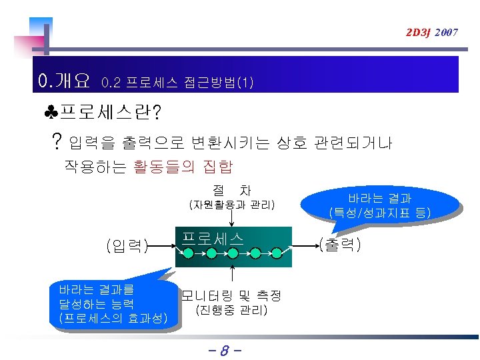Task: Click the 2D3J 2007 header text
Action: [433, 32]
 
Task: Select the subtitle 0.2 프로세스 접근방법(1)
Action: [177, 83]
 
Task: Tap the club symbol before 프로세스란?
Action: [51, 111]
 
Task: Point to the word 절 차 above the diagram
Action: [231, 191]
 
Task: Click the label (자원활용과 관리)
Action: [231, 204]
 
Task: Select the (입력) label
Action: [126, 246]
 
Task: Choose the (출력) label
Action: [340, 245]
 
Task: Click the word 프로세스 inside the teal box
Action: [212, 237]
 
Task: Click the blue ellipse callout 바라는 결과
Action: [379, 205]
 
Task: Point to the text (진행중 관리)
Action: [231, 310]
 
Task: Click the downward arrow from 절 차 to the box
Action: [231, 219]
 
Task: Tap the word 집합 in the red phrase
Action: [216, 165]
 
